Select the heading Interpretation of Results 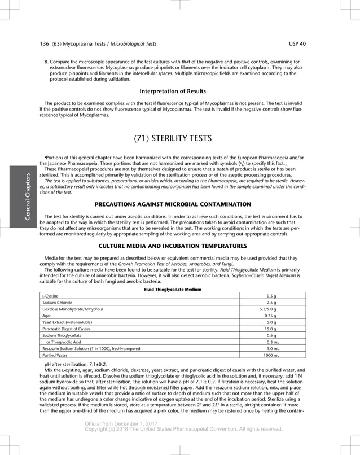(x=172, y=91)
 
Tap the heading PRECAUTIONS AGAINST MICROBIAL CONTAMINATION (x=172, y=203)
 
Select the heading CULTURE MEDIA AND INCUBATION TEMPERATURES (x=172, y=246)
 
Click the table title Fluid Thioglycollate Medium (x=172, y=289)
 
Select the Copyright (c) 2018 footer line (x=183, y=429)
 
